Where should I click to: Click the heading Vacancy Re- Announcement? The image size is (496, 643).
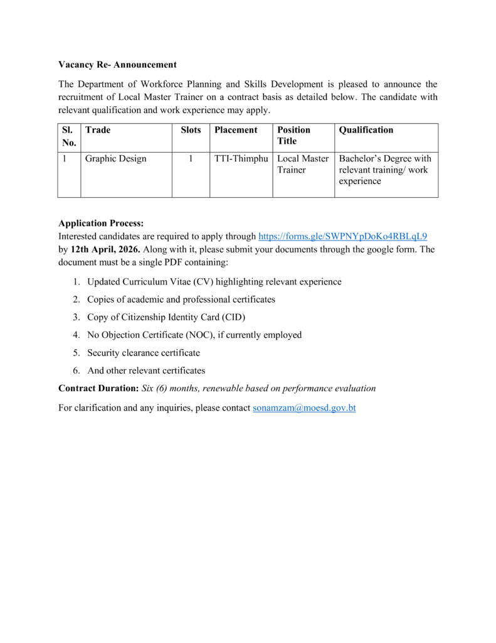(117, 65)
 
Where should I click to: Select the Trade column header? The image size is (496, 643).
(98, 130)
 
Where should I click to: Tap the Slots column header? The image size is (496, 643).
(191, 130)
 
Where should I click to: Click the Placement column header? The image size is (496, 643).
(236, 130)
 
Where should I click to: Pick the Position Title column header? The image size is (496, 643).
(294, 136)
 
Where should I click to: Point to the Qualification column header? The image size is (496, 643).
(366, 130)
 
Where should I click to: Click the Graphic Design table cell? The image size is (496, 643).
(116, 159)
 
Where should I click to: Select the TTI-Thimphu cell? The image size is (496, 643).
(241, 159)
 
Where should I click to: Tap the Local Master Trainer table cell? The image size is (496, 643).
(303, 165)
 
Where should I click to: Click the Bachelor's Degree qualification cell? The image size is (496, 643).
(385, 170)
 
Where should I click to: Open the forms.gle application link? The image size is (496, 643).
(342, 237)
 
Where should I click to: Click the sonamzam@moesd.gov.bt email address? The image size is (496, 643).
(304, 408)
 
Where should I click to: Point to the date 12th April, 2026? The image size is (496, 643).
(105, 249)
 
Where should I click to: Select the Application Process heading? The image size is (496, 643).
(101, 223)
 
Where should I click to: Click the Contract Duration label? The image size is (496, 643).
(98, 388)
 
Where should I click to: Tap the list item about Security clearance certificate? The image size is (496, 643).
(144, 353)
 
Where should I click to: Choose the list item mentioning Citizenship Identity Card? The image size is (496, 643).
(166, 317)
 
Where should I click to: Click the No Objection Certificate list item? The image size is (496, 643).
(194, 335)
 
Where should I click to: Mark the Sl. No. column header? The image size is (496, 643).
(69, 136)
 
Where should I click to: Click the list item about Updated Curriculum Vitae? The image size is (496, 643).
(214, 282)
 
